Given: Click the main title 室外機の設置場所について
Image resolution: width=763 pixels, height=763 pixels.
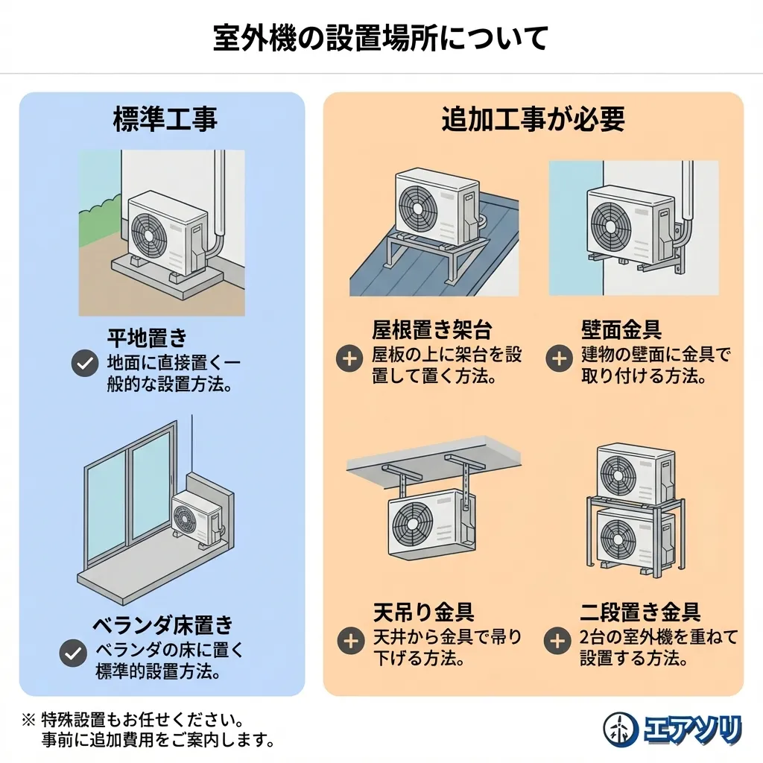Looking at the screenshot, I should click(x=381, y=37).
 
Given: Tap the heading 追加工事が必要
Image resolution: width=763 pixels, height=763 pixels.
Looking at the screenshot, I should click(x=533, y=119).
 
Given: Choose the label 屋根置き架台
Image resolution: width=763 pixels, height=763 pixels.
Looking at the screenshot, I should click(x=432, y=330).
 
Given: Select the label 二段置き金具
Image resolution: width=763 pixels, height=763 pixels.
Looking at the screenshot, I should click(x=640, y=612).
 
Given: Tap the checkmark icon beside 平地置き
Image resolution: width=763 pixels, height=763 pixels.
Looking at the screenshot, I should click(x=84, y=364).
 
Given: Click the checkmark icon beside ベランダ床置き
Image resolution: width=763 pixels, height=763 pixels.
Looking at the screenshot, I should click(x=72, y=653).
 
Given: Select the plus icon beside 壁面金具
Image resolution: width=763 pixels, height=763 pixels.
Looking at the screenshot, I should click(x=558, y=358).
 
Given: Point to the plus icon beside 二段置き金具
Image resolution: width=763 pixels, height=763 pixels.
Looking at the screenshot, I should click(x=558, y=640).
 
